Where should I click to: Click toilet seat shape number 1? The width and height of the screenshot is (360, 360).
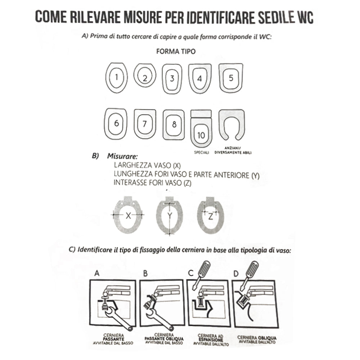(x=117, y=77)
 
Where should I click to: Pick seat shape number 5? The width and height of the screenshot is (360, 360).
(x=231, y=78)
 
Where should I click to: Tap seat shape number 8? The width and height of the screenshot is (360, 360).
(x=174, y=125)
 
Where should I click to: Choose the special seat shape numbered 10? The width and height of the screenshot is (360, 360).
(x=201, y=129)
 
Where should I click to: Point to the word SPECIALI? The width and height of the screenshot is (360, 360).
(x=202, y=152)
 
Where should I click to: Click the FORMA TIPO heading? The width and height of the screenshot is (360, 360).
(x=176, y=51)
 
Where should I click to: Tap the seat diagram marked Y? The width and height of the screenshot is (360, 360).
(x=170, y=216)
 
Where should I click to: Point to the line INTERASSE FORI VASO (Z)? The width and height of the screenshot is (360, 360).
(x=152, y=183)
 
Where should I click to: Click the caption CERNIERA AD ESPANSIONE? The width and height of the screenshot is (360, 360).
(x=209, y=339)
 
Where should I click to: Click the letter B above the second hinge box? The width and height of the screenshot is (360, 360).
(x=145, y=274)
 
